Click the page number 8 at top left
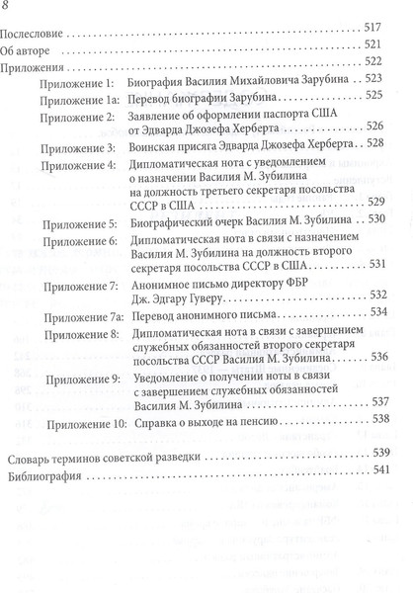12,9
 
